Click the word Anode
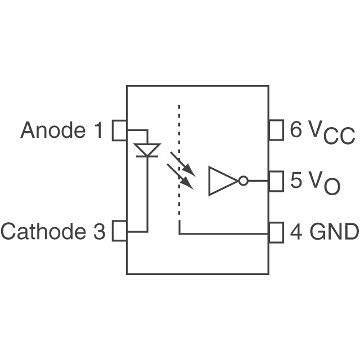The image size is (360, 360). (x=53, y=130)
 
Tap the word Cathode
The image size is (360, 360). (x=43, y=231)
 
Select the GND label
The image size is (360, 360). (x=334, y=231)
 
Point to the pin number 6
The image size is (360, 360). (x=295, y=129)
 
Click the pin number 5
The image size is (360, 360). (x=295, y=180)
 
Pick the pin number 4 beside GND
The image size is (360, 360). (x=296, y=231)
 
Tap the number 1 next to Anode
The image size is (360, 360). (x=99, y=130)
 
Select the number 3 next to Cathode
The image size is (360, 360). (x=99, y=231)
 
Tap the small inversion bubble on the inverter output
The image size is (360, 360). (x=244, y=181)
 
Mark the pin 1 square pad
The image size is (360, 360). (x=119, y=130)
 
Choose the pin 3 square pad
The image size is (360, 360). (x=119, y=231)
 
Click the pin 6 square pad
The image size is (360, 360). (x=276, y=130)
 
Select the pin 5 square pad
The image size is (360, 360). (x=276, y=181)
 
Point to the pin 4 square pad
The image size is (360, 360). (x=276, y=232)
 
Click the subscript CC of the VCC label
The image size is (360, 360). (x=339, y=136)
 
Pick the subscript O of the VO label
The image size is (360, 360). (x=332, y=187)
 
